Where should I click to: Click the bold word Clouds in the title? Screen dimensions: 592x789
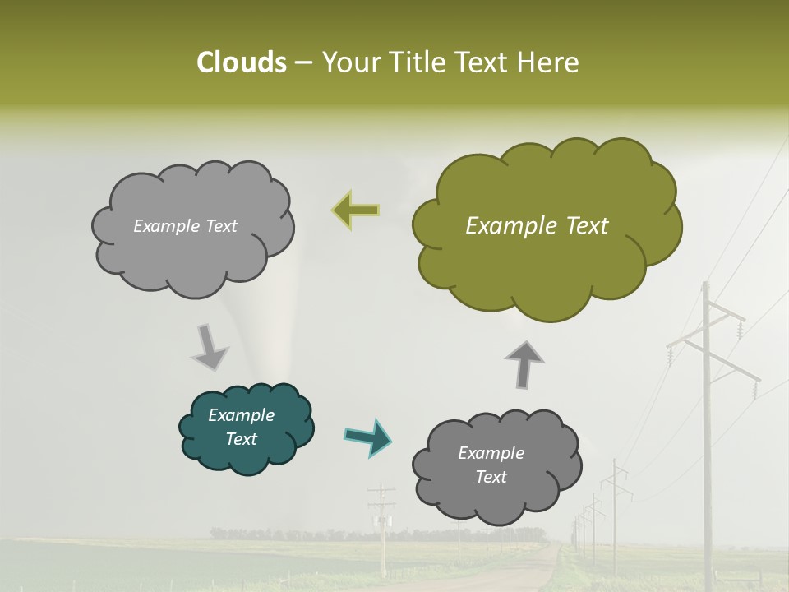click(241, 62)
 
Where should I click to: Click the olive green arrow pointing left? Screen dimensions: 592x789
click(357, 210)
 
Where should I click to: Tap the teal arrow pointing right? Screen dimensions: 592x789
click(367, 437)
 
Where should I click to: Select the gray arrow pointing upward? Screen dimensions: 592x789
click(524, 363)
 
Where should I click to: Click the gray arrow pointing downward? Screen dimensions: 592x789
click(210, 346)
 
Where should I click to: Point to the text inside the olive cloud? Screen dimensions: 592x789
click(537, 226)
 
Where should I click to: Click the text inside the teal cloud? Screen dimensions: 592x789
click(241, 427)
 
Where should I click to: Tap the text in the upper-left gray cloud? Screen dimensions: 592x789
click(185, 226)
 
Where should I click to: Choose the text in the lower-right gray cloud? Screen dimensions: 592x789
click(491, 465)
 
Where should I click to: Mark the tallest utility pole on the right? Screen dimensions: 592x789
click(705, 428)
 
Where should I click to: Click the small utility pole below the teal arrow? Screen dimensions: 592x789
click(381, 526)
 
